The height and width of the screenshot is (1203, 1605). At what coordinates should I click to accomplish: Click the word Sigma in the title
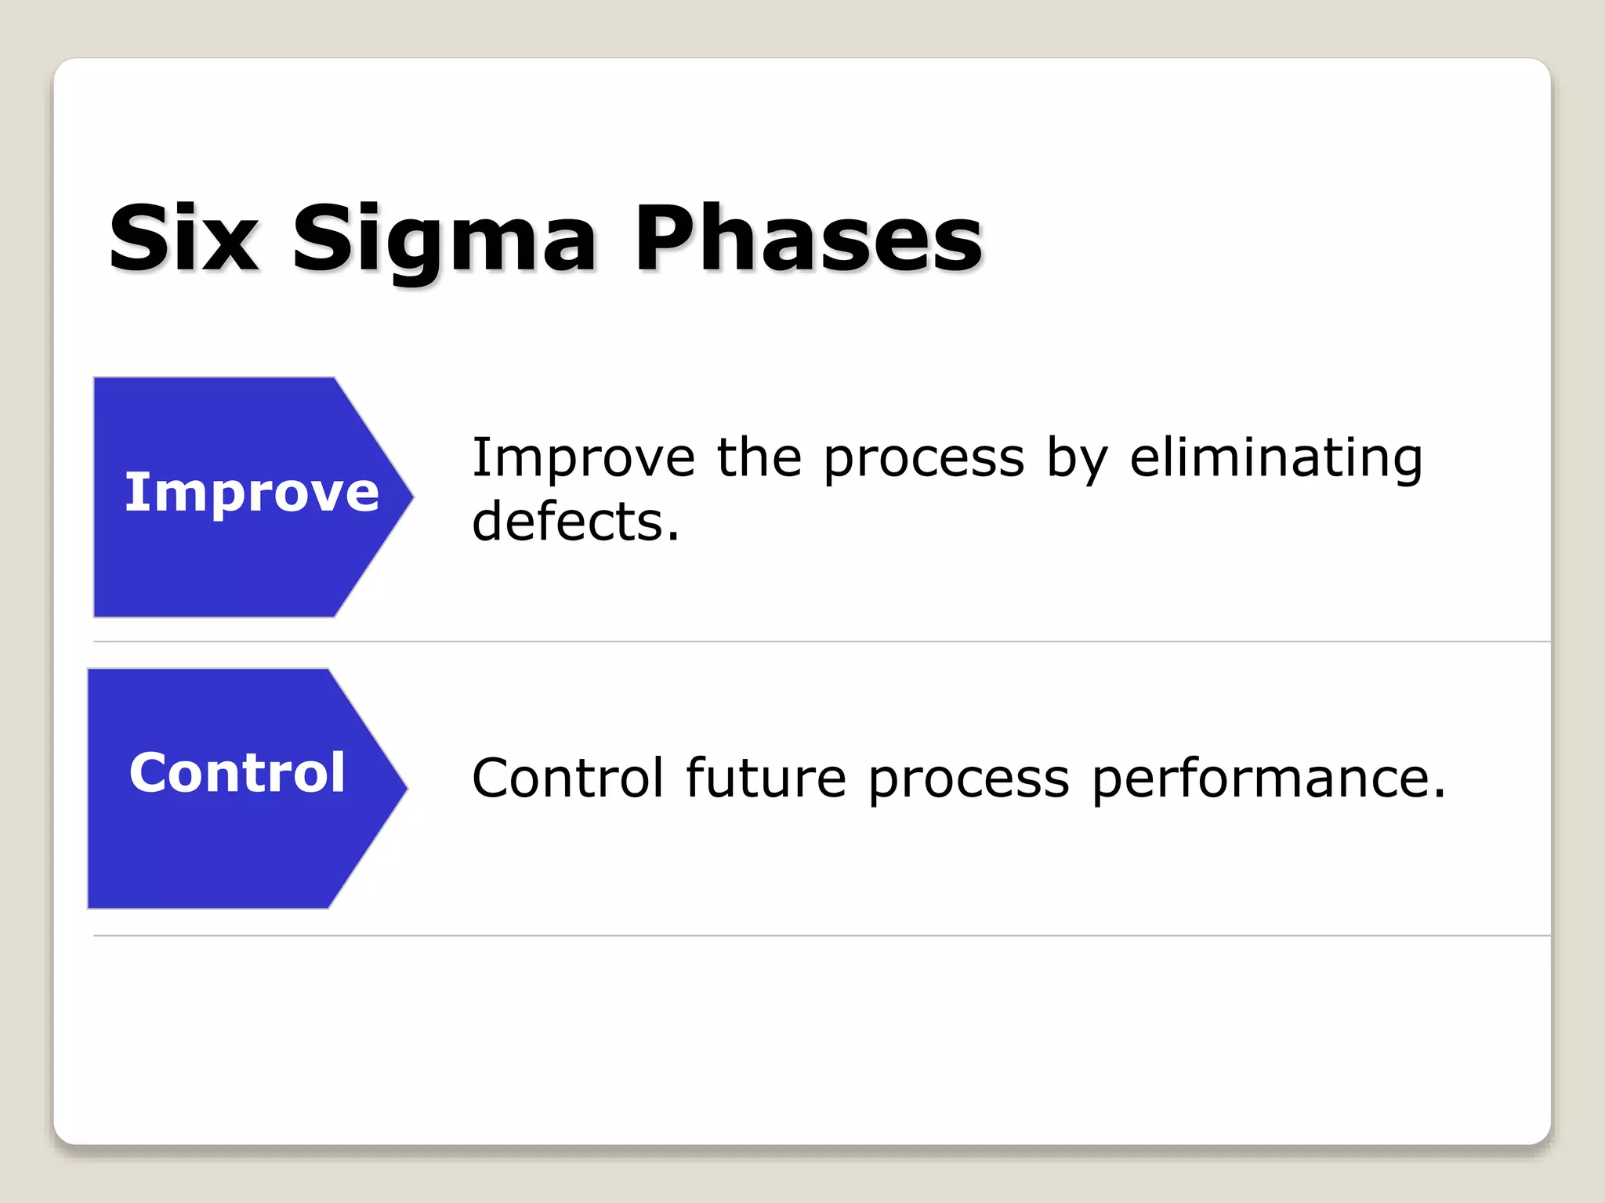point(444,239)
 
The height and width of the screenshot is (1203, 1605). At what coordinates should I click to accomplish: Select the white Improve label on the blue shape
point(252,493)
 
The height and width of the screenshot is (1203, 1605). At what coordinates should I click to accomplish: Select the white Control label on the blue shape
point(237,773)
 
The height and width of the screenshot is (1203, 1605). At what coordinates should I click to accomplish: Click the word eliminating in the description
point(1275,457)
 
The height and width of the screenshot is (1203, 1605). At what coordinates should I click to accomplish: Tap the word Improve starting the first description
point(583,457)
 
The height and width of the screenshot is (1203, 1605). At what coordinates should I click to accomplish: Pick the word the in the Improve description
point(759,457)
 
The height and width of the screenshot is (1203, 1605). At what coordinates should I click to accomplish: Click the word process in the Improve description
point(923,459)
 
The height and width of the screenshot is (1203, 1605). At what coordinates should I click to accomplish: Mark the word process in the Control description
point(969,779)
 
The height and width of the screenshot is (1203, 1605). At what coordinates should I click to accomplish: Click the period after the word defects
point(673,538)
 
